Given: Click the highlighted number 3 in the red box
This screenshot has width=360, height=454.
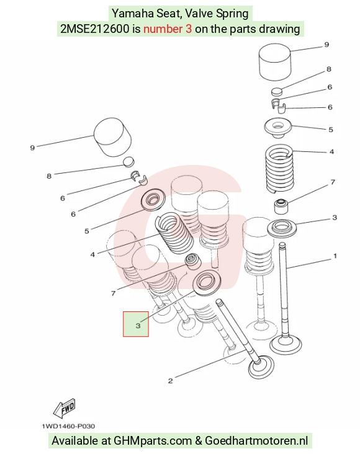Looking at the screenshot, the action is click(138, 326).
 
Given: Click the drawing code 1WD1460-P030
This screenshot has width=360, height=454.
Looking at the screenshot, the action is click(68, 426).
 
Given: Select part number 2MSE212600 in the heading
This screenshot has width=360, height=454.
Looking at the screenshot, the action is click(95, 29).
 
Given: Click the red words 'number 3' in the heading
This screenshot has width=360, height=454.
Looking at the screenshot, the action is click(168, 29).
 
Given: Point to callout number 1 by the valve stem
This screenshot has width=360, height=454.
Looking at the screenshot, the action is click(335, 256).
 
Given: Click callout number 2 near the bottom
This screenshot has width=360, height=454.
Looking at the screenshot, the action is click(171, 381).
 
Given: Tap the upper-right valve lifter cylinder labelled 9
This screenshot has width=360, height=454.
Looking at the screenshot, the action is click(275, 62).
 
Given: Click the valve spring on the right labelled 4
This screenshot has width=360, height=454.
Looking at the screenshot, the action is click(280, 169).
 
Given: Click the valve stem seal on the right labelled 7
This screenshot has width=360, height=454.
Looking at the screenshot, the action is click(281, 206).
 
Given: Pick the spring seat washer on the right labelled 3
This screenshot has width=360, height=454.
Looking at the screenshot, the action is click(282, 228).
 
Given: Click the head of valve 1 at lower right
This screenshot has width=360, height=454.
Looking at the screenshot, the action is click(286, 345).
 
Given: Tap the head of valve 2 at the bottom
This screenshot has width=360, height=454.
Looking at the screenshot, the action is click(261, 367).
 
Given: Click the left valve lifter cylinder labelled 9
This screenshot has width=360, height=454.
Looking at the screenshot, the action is click(112, 138).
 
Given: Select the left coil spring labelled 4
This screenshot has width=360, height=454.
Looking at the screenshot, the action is click(175, 233).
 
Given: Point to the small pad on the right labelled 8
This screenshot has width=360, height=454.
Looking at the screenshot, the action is click(277, 92).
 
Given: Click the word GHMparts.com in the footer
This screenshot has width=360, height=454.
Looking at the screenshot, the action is click(153, 441).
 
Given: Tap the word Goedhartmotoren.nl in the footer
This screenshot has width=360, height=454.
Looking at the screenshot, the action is click(256, 441).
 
